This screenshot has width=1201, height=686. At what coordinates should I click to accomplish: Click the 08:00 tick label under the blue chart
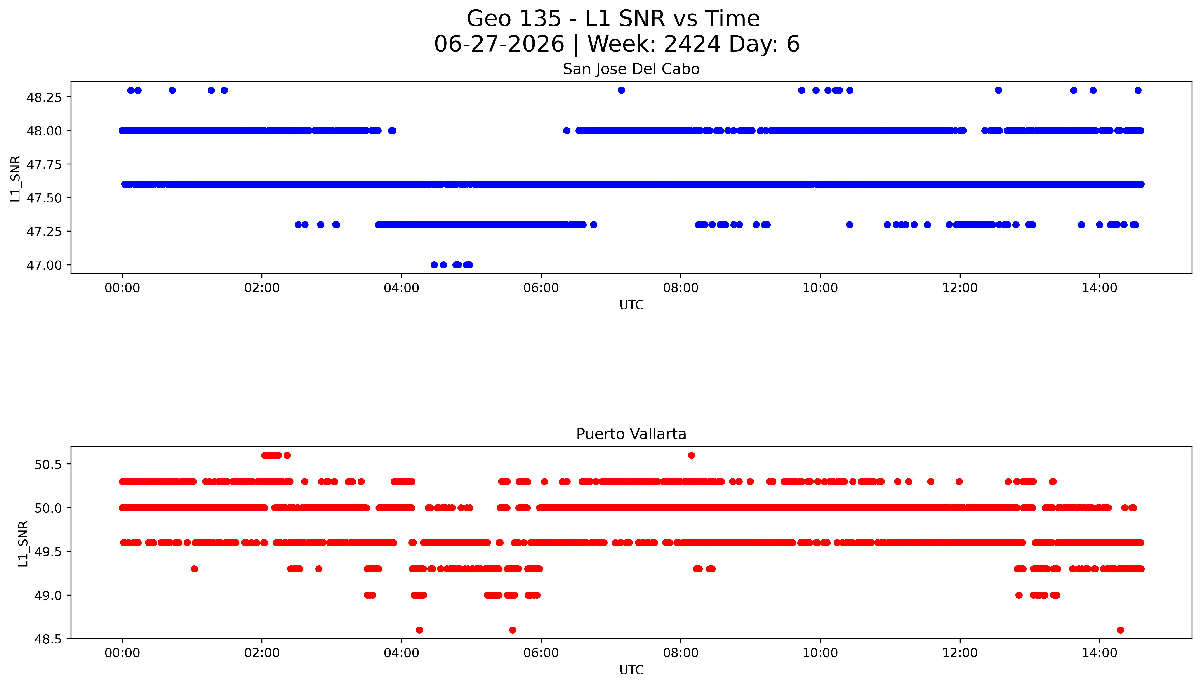point(681,288)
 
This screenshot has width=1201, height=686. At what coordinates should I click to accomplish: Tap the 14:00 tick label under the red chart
point(1099,653)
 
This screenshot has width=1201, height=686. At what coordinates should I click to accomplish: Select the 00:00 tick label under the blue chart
point(122,288)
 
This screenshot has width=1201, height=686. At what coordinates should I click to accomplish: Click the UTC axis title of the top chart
point(631,305)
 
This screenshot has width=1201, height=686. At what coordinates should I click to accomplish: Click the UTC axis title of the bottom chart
point(631,670)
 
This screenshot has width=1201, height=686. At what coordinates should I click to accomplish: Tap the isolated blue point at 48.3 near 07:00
point(622,90)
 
